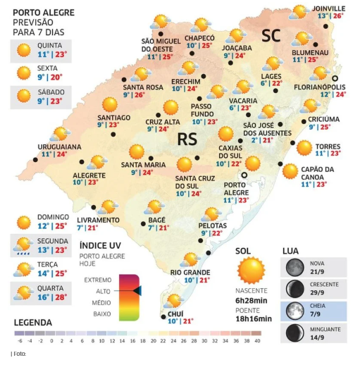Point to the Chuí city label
click(x=177, y=314)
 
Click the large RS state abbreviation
click(x=187, y=139)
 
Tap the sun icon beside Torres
click(x=304, y=148)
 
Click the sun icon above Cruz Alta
click(x=170, y=107)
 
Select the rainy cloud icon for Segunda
click(x=23, y=245)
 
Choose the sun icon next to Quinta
click(x=23, y=49)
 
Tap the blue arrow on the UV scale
click(x=137, y=290)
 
